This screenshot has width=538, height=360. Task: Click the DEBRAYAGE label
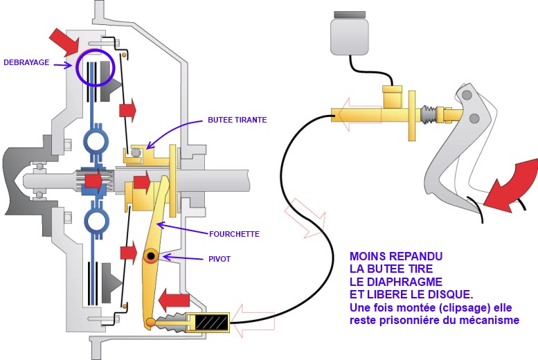coord(27,62)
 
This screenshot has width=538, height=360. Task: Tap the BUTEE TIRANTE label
coord(237,120)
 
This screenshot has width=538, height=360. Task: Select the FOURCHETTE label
coord(234,234)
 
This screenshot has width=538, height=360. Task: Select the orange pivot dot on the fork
coord(150,258)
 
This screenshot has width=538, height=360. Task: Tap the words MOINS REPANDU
coord(395,256)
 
